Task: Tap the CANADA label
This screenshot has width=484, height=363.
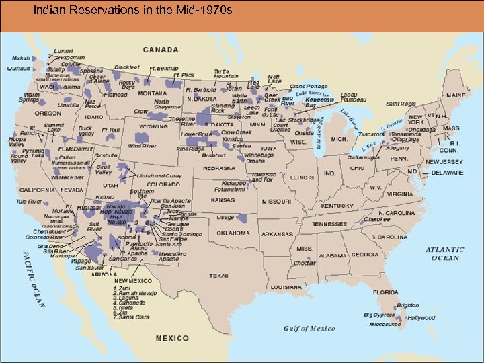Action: coord(160,50)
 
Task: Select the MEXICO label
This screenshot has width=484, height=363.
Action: coord(172,338)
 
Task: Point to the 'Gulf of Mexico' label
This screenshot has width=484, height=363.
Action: coord(309,329)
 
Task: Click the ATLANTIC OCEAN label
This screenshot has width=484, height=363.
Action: coord(444,254)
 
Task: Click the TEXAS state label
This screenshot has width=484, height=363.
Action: coord(218,276)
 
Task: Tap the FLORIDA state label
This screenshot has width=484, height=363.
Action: coord(386,292)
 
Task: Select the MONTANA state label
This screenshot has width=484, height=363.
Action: coord(153,93)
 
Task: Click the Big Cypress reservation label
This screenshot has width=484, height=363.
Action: coord(380,315)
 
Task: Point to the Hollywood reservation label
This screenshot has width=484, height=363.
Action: coord(421,318)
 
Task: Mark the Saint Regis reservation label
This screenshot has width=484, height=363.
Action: coord(401,104)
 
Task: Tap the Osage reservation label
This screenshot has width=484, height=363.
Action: coord(225,218)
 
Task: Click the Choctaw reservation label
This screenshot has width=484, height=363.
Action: coord(305,264)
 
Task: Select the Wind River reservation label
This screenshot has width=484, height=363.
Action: coord(142,145)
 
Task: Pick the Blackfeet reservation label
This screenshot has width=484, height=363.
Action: coord(126,67)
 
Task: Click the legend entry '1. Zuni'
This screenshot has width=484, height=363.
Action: coord(122,288)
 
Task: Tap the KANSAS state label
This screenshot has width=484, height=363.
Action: coord(223,200)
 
